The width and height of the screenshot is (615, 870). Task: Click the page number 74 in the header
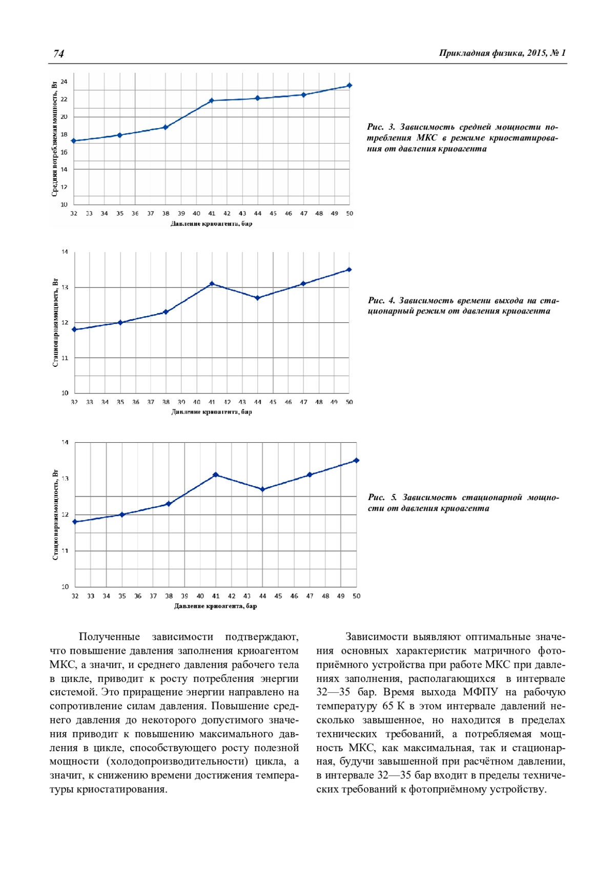[58, 54]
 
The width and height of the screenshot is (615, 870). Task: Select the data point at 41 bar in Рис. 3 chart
[212, 100]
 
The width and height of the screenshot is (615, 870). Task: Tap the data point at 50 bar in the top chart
[350, 86]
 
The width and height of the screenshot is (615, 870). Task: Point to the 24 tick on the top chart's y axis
[64, 81]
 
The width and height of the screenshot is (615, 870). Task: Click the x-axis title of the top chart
[211, 224]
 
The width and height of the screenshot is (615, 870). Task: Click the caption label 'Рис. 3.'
[381, 127]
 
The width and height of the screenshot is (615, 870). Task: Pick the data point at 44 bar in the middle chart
[257, 298]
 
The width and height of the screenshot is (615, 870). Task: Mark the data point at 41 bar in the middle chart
[212, 283]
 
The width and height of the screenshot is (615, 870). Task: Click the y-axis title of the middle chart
[55, 323]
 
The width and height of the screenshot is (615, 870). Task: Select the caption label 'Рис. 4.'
[381, 300]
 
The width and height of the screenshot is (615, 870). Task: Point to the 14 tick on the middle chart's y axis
[65, 252]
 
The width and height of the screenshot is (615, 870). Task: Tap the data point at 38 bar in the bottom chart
[169, 504]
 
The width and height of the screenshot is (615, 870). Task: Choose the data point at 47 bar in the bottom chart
[310, 475]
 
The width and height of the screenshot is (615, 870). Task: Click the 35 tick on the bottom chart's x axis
[122, 596]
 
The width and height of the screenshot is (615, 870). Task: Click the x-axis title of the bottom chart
[215, 606]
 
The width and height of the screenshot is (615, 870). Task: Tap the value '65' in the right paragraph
[387, 706]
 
